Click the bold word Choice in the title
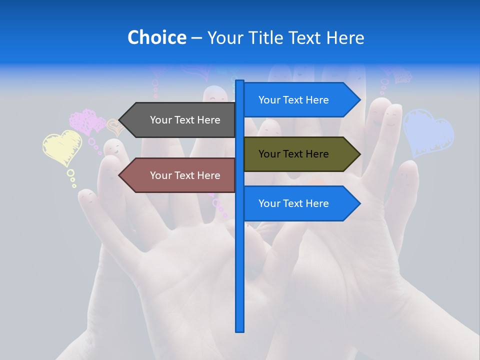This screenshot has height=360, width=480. coord(156,37)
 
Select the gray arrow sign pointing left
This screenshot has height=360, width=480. coord(180,120)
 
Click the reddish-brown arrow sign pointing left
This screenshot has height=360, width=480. coord(180,175)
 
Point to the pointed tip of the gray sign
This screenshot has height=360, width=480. coord(120,120)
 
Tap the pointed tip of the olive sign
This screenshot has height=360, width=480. coord(359,154)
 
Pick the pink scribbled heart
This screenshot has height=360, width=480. coord(87,121)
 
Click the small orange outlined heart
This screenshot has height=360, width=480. coord(116,127)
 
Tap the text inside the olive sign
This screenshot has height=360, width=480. coord(293,154)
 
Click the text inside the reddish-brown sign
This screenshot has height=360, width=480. coord(185,175)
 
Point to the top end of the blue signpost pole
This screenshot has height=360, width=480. coord(239,81)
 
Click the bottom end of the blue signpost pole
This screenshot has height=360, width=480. coord(239,330)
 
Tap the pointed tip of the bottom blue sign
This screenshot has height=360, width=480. coord(359,203)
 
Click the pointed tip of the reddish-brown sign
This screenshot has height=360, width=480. coord(120,175)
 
